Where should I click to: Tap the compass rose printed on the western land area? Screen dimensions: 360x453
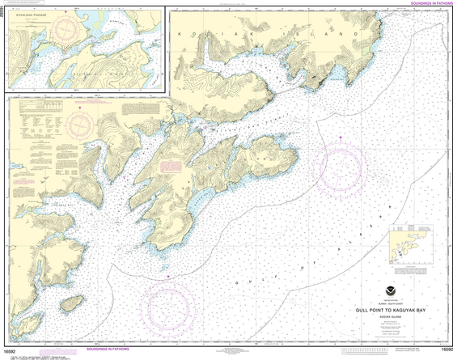click(x=80, y=124)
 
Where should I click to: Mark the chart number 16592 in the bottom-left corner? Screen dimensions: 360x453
click(x=11, y=349)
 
